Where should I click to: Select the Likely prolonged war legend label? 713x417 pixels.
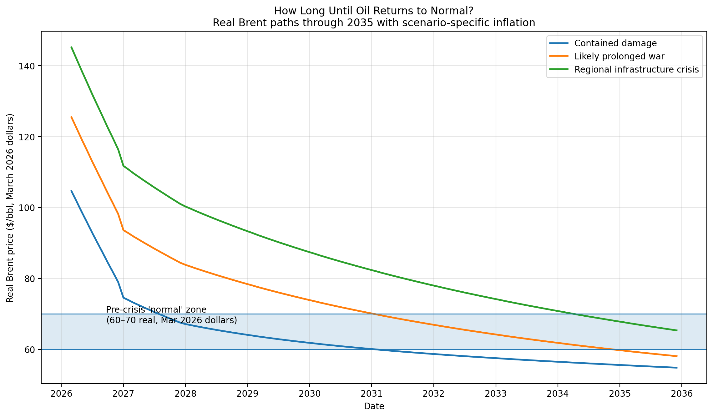tap(619, 57)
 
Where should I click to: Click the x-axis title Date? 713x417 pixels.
tap(374, 406)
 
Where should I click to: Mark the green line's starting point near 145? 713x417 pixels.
tap(71, 47)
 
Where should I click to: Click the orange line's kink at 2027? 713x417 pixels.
tap(124, 230)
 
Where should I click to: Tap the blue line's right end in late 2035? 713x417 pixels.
tap(677, 368)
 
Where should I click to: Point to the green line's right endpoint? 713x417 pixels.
tap(677, 330)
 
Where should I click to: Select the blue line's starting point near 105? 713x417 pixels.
tap(71, 190)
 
